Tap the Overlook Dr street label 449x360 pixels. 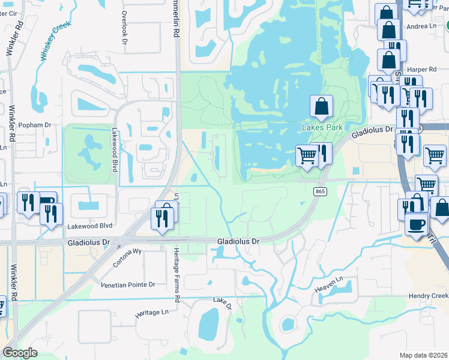coord(124,25)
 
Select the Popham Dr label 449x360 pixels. coord(35,125)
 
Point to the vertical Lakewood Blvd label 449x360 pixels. coord(114,150)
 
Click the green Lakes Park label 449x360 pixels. coord(322,127)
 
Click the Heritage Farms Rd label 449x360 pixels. coord(177,274)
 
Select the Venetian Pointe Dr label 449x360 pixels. coord(128,284)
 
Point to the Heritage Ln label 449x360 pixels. coord(152,313)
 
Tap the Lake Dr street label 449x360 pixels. coord(222,304)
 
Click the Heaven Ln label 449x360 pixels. coord(332,280)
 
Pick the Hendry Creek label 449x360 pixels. coord(428,296)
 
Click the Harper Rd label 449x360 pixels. coord(420,70)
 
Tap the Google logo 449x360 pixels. coord(20,353)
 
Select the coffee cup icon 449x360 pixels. coord(415,225)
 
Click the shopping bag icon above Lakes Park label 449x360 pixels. coord(322,106)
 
